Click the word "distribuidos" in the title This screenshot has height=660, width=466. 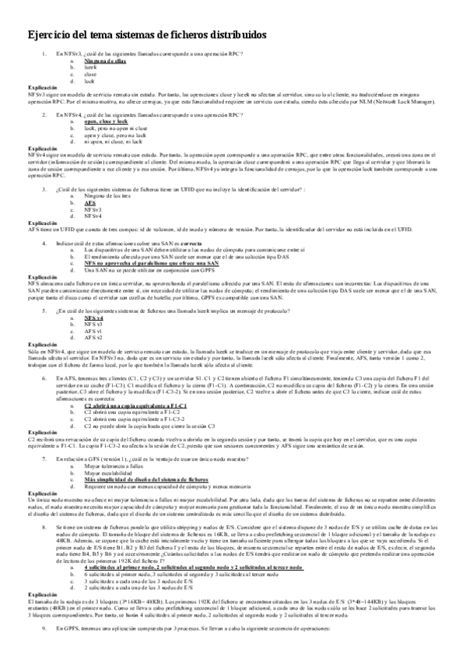point(229,35)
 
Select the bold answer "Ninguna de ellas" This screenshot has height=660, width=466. point(105,60)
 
